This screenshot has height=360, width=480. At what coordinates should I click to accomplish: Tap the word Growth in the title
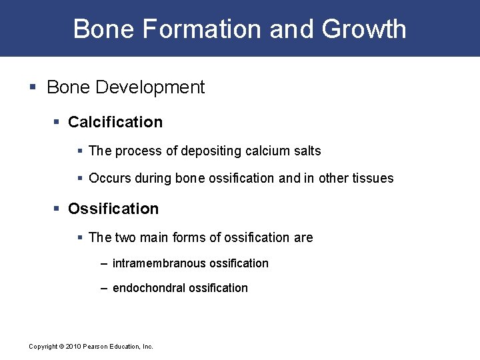coord(364,29)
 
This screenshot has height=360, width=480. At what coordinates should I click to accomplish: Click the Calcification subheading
coord(115,122)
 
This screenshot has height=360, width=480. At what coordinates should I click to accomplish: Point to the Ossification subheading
coord(113,209)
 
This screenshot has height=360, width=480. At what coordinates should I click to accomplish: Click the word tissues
coord(373,178)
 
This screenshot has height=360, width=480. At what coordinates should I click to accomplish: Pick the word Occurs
coord(107,178)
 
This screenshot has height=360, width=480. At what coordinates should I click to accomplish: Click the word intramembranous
coord(159,263)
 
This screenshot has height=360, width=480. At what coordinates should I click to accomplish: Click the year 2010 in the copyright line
coord(73,347)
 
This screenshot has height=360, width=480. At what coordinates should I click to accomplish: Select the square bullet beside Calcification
coord(57,123)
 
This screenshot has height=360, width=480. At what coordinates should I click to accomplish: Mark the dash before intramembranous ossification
coord(103,263)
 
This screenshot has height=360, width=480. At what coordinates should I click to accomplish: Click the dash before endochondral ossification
coord(103,288)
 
